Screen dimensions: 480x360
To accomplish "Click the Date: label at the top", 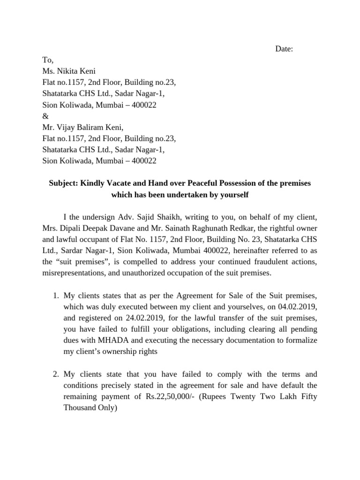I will coord(284,49).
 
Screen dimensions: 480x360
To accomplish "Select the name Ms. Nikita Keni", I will coord(69,71).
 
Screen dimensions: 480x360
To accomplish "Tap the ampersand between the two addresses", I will coord(45,116).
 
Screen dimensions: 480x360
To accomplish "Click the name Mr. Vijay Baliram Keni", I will coord(82,127).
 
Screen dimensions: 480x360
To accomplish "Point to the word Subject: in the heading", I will coord(64,183).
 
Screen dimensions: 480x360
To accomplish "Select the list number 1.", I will coord(55,296).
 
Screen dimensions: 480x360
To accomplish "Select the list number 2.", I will coord(55,375).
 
